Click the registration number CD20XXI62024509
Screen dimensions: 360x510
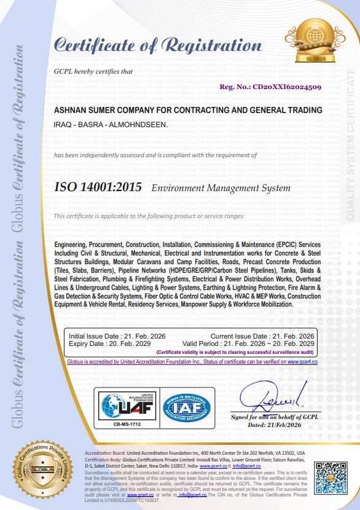coord(286,87)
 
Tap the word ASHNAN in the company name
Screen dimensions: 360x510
coord(71,110)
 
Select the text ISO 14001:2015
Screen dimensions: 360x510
coord(98,187)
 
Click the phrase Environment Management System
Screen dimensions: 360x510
coord(221,188)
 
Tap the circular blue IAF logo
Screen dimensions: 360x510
coord(186,405)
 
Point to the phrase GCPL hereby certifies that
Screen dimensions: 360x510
coord(94,71)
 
